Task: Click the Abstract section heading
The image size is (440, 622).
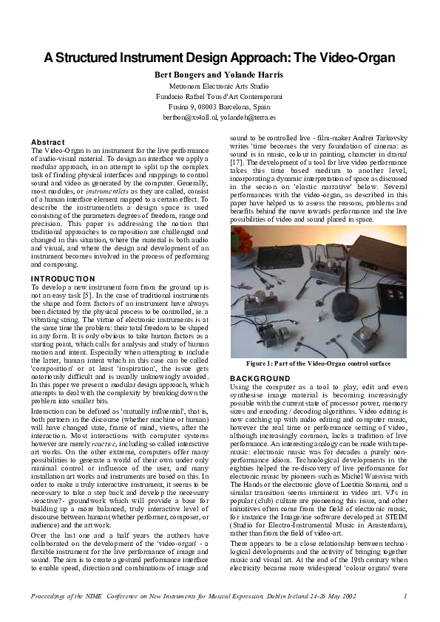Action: point(47,142)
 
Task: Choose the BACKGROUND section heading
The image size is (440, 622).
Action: point(257,377)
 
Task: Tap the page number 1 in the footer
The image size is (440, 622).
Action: point(406,595)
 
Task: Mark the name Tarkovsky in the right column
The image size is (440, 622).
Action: point(382,145)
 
